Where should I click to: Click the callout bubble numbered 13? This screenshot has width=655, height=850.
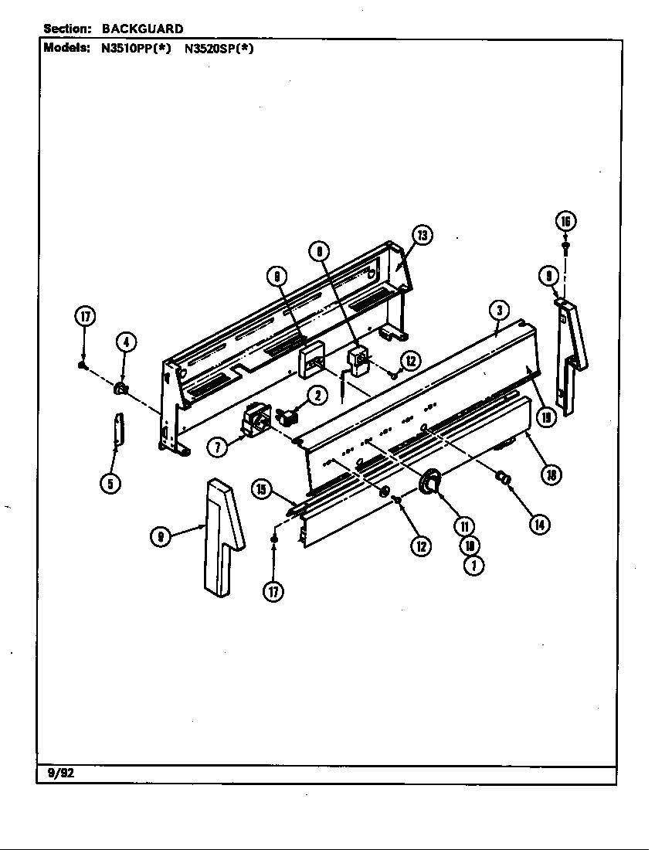[x=422, y=235]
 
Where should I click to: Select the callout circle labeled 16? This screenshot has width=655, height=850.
[x=565, y=222]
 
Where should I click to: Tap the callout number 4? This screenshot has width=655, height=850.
[x=126, y=342]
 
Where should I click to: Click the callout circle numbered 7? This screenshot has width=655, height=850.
[x=218, y=446]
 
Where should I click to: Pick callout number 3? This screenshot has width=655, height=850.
[x=500, y=311]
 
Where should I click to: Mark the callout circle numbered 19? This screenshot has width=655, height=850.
[x=547, y=418]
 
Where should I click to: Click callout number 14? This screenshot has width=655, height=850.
[x=538, y=524]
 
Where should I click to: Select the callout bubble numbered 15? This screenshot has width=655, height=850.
[x=262, y=488]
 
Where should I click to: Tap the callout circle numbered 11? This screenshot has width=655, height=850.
[x=464, y=525]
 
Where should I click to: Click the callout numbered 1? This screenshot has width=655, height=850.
[x=473, y=566]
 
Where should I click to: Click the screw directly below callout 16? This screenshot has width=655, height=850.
[x=565, y=247]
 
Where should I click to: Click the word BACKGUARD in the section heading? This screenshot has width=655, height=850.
[x=143, y=29]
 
